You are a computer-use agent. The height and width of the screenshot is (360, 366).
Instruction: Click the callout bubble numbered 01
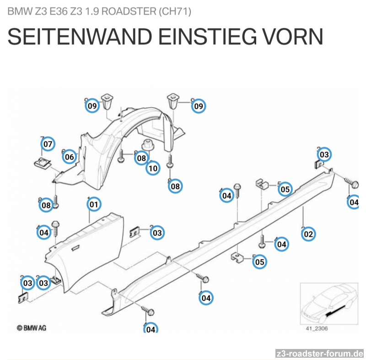[94, 204]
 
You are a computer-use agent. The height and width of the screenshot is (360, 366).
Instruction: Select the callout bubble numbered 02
[308, 234]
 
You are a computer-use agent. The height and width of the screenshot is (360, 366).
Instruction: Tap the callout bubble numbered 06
[69, 157]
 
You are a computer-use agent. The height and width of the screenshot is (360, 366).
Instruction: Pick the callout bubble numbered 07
[48, 144]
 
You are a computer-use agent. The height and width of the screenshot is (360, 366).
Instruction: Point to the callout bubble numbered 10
[153, 168]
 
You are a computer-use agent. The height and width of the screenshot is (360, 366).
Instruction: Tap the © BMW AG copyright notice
[31, 327]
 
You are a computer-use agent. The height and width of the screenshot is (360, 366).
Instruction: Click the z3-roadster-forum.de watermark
[320, 354]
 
